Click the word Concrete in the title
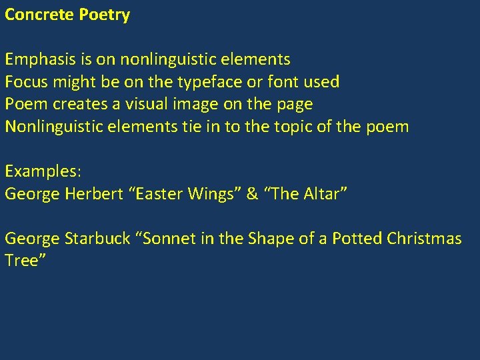39,15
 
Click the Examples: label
43,171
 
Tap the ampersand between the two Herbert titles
253,194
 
